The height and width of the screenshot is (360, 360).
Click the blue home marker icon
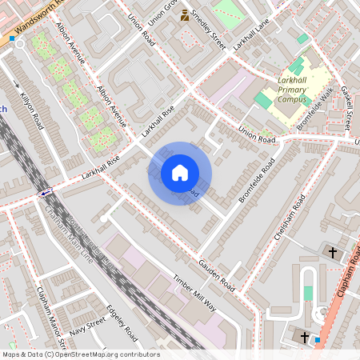180,173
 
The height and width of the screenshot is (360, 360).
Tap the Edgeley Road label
124,323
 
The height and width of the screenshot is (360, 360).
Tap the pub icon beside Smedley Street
185,14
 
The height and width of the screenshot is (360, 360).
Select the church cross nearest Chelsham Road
333,252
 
